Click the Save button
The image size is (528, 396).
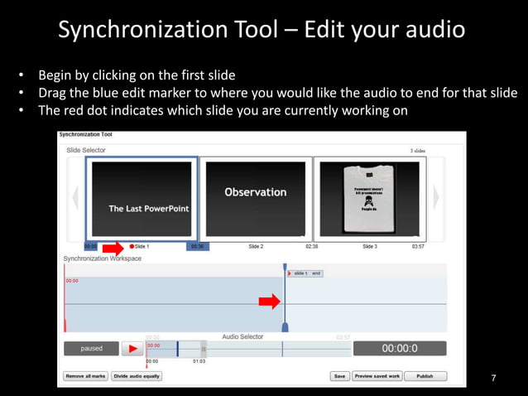(x=339, y=376)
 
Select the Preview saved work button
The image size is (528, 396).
(x=377, y=376)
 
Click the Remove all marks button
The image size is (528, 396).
(x=85, y=376)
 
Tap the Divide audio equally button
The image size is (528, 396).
(x=137, y=376)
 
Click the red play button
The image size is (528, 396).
(x=132, y=349)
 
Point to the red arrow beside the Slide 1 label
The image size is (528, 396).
(x=113, y=247)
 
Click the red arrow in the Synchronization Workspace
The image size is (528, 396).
(x=269, y=302)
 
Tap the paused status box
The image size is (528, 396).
(x=92, y=349)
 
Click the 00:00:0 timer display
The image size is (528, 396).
(x=399, y=349)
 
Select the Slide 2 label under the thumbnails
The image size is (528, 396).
(x=256, y=247)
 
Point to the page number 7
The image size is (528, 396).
(x=494, y=379)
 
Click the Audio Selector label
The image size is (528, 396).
(x=242, y=337)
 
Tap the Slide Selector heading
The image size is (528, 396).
(x=86, y=150)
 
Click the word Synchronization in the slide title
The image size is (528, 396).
(x=140, y=31)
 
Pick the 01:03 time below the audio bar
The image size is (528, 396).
(x=199, y=362)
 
